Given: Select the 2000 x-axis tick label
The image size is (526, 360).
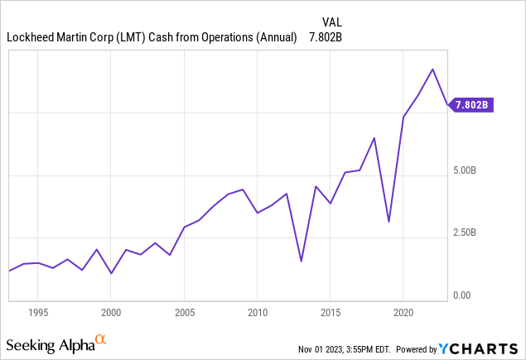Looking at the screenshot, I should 111,313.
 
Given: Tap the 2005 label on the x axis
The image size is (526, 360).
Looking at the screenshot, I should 184,313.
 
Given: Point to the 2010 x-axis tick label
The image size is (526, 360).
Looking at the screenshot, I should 257,313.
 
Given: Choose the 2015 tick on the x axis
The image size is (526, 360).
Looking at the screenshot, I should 330,313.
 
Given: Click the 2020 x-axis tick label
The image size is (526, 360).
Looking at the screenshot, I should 403,313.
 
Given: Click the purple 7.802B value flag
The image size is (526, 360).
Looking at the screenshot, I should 472,105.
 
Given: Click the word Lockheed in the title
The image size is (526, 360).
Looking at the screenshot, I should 30,37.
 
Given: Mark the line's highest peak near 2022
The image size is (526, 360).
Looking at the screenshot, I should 432,69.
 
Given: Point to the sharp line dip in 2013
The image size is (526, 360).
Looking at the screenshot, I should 301,262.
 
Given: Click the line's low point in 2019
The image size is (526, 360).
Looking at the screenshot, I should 388,222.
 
